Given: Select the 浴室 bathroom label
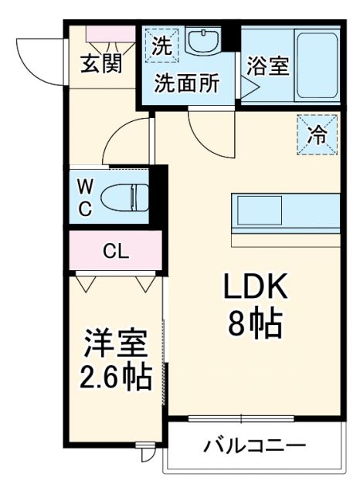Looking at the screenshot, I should (x=267, y=66).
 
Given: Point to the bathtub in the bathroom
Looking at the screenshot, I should (x=317, y=66).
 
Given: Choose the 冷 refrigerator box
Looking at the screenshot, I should (x=318, y=134).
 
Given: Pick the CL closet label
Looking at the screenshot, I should (x=116, y=251).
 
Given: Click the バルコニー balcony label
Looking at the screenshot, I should (x=254, y=445).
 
